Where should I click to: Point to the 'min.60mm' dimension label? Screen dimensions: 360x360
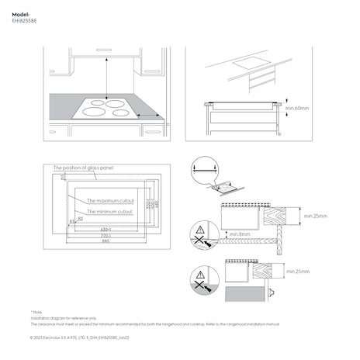pos(296,109)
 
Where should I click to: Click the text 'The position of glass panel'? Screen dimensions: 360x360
pos(82,168)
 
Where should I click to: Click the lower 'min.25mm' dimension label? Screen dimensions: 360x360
pos(297,272)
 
